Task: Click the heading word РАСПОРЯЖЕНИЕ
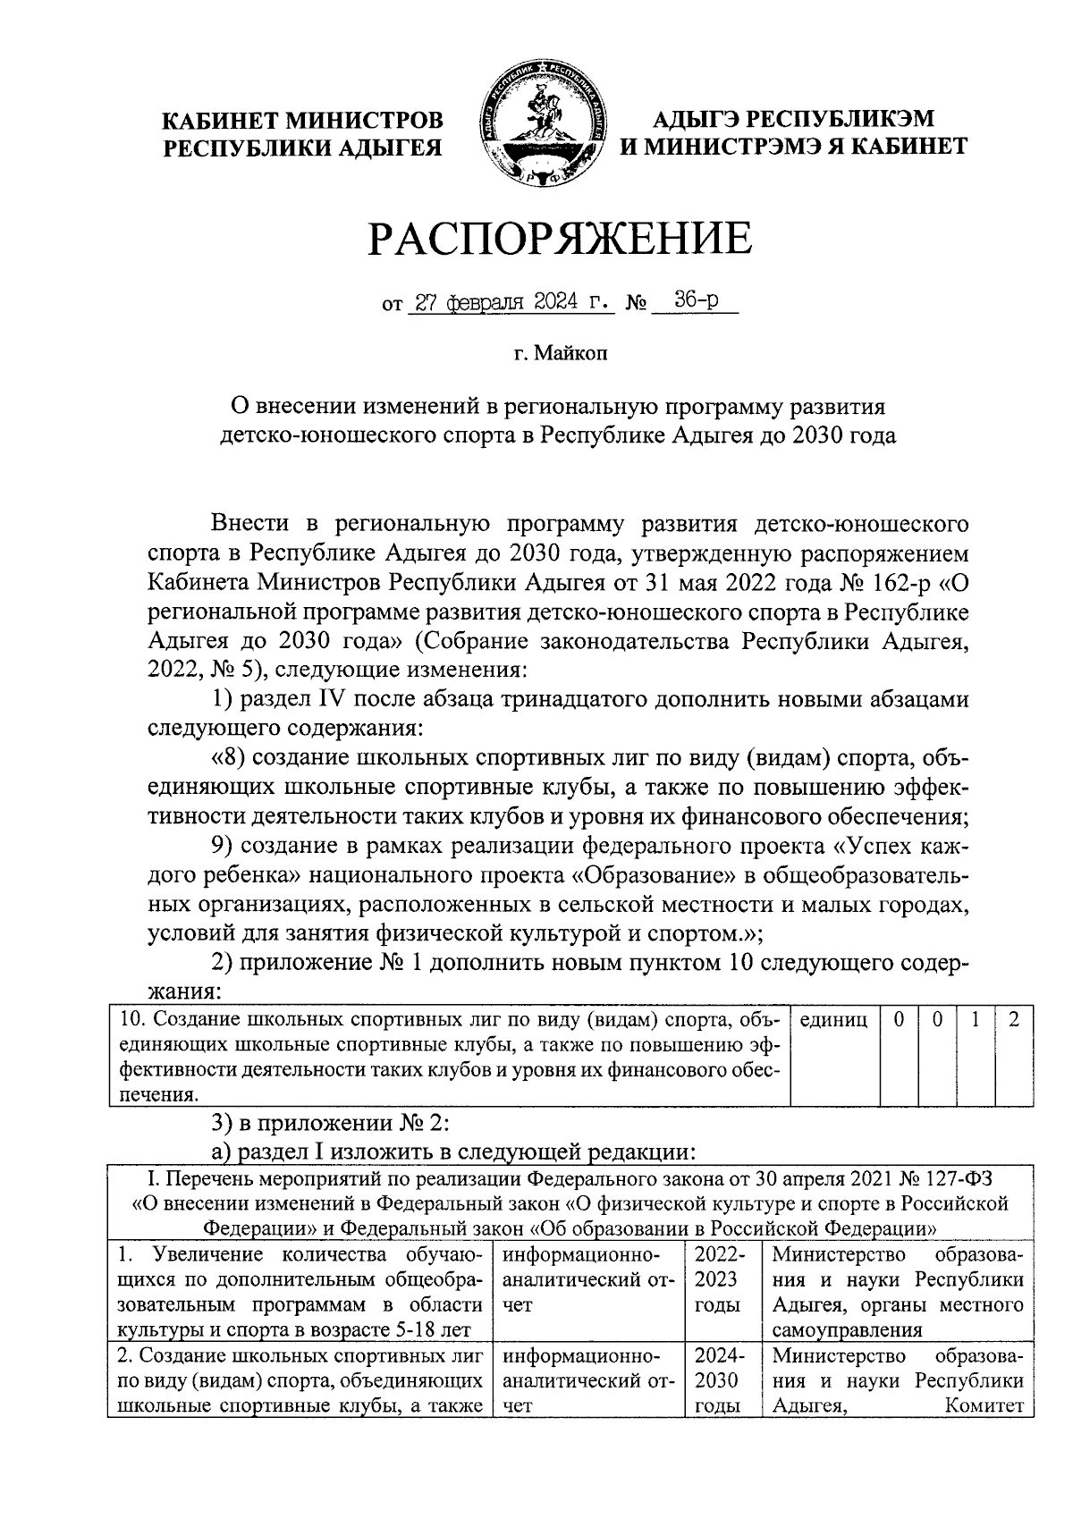(x=561, y=239)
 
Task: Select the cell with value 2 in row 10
(x=1014, y=1020)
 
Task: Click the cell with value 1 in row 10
(x=976, y=1020)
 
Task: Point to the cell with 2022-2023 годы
(x=721, y=1279)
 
